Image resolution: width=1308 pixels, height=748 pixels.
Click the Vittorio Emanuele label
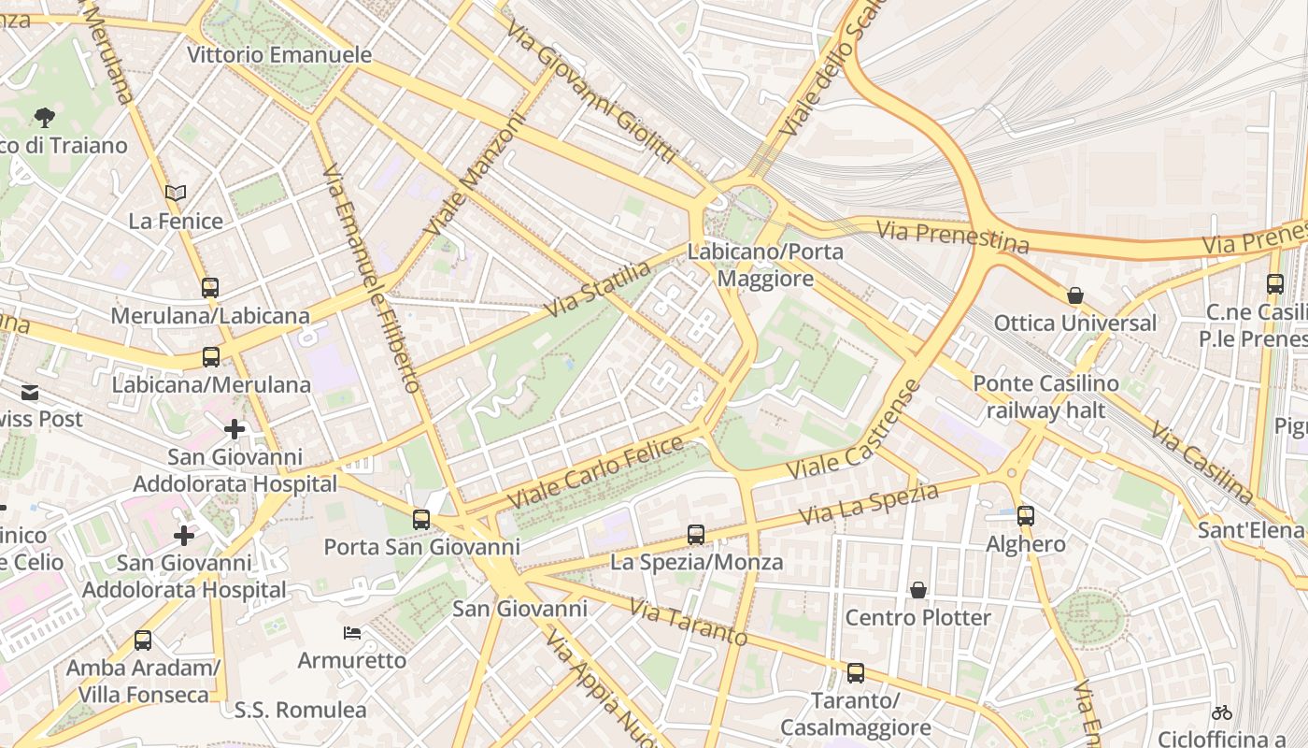(x=279, y=55)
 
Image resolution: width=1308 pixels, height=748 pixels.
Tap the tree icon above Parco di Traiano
(x=44, y=118)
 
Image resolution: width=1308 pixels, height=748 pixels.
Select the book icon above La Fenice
(x=176, y=194)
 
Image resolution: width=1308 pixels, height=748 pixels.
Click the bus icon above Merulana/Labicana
(x=210, y=288)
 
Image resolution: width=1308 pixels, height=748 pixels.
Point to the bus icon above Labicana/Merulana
(x=211, y=357)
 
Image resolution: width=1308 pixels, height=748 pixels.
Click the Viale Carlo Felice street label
(x=596, y=473)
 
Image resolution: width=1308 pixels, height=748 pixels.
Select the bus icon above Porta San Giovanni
(x=421, y=520)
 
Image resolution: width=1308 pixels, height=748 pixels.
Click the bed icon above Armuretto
(x=352, y=633)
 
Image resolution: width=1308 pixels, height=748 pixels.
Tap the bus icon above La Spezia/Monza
(x=696, y=535)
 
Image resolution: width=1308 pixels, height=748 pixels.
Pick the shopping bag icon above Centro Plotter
(x=918, y=591)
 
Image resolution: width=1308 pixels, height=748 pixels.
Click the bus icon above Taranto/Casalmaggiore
(x=855, y=673)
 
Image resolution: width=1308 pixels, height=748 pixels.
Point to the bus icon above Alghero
(x=1026, y=516)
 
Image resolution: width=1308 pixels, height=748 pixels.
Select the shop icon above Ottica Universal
(x=1075, y=295)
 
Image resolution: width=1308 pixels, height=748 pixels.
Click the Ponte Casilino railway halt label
(x=1045, y=396)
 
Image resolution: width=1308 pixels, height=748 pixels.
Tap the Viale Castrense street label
(x=854, y=430)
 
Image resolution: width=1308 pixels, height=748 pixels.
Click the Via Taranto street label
(x=688, y=623)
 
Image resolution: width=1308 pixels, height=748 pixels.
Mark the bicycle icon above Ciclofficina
(x=1221, y=712)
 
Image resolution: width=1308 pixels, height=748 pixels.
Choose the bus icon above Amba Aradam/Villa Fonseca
(x=143, y=640)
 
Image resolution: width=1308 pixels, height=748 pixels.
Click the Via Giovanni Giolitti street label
(x=590, y=92)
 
